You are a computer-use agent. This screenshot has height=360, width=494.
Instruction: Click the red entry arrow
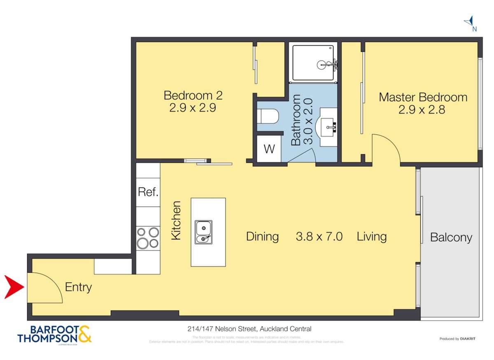14,287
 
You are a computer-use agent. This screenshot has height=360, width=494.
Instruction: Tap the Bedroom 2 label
193,102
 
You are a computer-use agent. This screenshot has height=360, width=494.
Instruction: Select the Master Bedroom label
423,103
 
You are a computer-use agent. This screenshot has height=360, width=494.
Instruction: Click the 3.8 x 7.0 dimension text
319,237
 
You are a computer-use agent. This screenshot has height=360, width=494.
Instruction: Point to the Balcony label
451,237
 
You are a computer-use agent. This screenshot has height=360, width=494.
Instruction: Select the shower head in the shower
322,65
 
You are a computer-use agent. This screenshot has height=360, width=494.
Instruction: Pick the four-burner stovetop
148,237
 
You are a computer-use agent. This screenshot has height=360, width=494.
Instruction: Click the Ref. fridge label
148,192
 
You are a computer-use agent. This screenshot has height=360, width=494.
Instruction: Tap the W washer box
269,149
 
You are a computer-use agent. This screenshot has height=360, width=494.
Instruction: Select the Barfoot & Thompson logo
54,334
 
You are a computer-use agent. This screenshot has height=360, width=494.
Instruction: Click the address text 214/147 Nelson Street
247,329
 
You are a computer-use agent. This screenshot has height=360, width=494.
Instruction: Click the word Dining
262,237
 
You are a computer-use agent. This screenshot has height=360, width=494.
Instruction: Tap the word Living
371,237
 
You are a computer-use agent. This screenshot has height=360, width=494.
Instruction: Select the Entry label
78,287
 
